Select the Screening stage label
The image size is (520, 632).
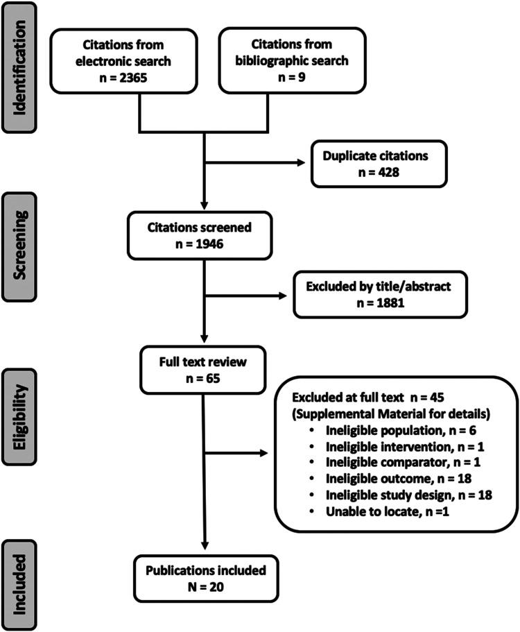tap(21, 229)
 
